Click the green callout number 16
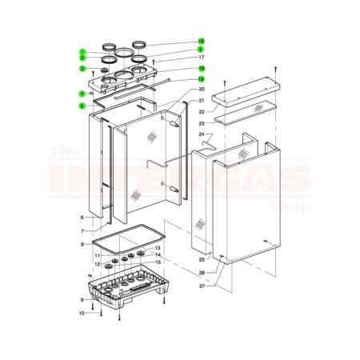point(202,40)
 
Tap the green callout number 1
point(82,52)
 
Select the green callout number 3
point(82,68)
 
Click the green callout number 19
point(202,78)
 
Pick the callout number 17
point(202,58)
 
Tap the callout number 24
point(202,134)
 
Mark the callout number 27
point(202,286)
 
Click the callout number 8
point(82,243)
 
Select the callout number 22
point(202,111)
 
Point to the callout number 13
point(158,249)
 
